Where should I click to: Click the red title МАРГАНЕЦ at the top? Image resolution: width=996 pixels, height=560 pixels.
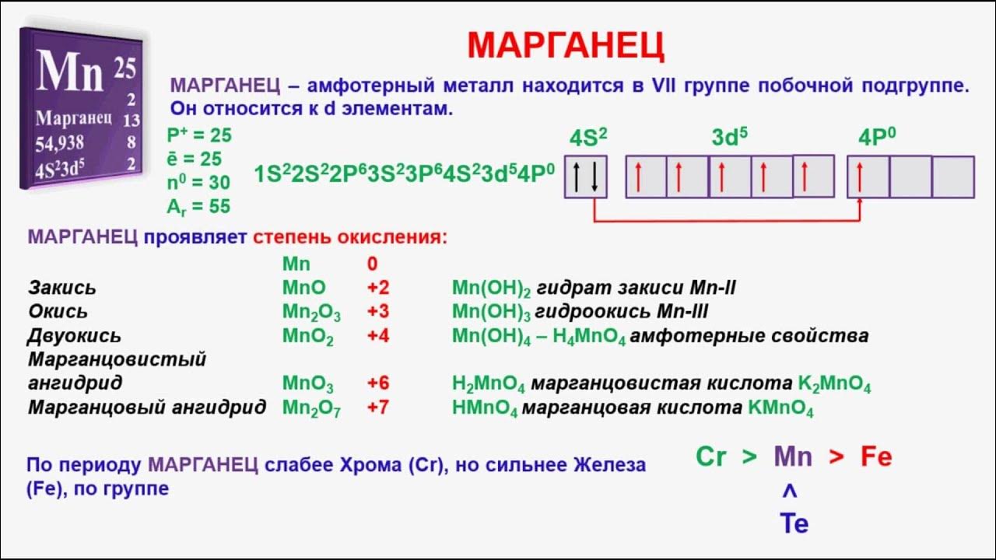(566, 45)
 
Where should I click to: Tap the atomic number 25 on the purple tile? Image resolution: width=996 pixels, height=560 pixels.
(124, 68)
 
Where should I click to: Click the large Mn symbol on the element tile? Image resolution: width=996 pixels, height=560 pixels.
(70, 72)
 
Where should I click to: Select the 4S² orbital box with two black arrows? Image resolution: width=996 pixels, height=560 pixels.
(585, 177)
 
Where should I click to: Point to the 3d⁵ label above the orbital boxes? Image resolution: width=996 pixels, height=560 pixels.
(729, 138)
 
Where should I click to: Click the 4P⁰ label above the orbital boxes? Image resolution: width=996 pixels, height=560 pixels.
(877, 138)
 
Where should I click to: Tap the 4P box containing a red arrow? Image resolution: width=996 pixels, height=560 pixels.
(868, 177)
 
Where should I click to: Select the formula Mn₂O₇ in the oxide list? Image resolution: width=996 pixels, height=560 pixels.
(311, 408)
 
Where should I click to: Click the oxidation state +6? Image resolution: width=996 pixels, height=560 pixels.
(378, 383)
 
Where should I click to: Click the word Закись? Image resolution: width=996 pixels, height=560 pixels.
(62, 288)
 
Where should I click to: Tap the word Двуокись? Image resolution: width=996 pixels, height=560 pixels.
(75, 336)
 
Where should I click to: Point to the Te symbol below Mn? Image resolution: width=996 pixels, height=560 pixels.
(794, 524)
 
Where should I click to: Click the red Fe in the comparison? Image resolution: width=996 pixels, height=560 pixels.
(875, 457)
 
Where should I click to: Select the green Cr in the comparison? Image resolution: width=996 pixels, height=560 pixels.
(710, 457)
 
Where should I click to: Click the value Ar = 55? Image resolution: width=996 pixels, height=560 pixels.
(198, 206)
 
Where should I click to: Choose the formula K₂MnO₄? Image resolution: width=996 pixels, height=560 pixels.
(834, 383)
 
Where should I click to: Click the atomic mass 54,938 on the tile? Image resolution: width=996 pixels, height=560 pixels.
(60, 144)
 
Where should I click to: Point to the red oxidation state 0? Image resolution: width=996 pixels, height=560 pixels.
(372, 264)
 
